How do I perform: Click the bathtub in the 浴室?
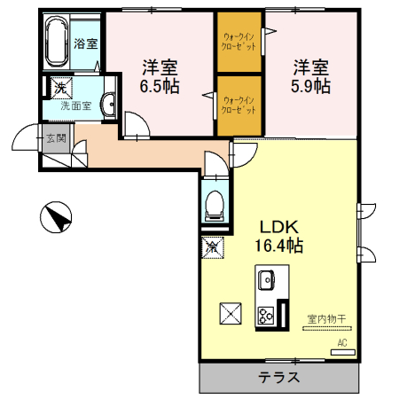click(x=58, y=42)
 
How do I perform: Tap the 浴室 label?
click(x=86, y=43)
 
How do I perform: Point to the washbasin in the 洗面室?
click(x=107, y=105)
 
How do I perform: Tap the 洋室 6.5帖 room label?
click(x=161, y=76)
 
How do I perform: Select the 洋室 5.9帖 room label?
click(x=311, y=76)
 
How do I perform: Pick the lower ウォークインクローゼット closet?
click(x=240, y=106)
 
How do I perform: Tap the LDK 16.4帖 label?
click(x=282, y=233)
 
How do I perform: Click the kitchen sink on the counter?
click(x=267, y=281)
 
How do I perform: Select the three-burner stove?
click(x=266, y=314)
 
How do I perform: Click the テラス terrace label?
click(x=278, y=377)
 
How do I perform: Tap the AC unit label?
click(x=341, y=342)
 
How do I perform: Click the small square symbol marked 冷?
click(x=214, y=246)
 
